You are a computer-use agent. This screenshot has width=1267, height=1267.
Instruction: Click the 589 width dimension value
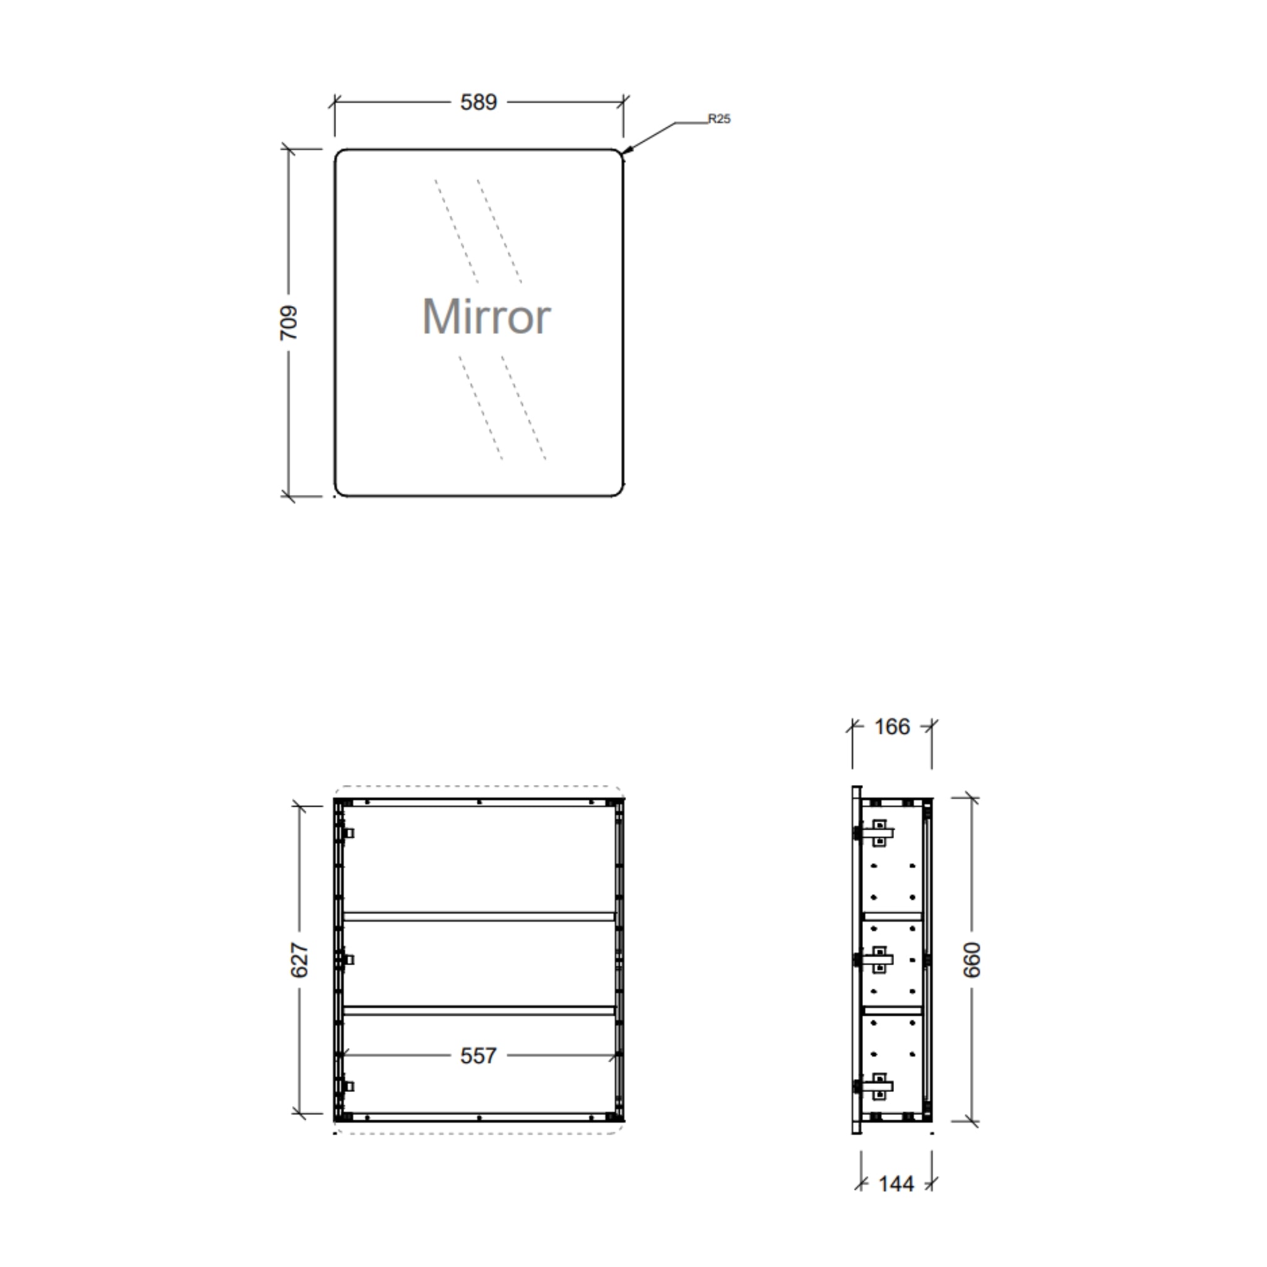point(478,102)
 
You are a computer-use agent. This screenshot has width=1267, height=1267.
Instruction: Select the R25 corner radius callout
point(719,119)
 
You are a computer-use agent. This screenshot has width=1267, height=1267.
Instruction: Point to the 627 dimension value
point(299,960)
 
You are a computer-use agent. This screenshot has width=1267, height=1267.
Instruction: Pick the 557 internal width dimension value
point(478,1055)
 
